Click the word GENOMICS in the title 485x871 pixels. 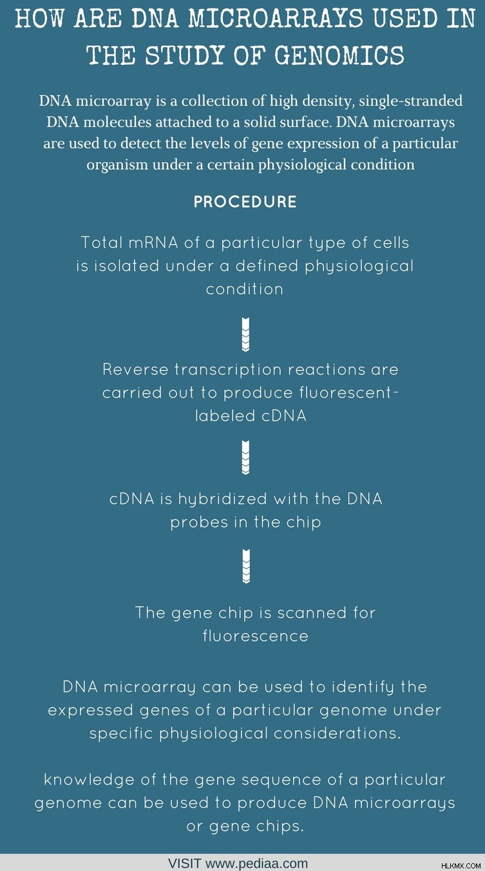pos(340,55)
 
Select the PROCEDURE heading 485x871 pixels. pos(245,201)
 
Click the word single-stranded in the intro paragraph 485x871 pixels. pos(411,101)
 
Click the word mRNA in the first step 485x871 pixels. pos(153,243)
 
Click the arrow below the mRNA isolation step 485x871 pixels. pos(246,334)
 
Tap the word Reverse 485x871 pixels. pos(135,370)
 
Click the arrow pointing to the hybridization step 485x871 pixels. pos(246,457)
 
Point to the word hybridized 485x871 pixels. pos(223,500)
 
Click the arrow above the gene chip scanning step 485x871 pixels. pos(246,566)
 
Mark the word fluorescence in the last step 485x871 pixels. pos(256,636)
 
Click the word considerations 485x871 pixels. pos(337,734)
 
